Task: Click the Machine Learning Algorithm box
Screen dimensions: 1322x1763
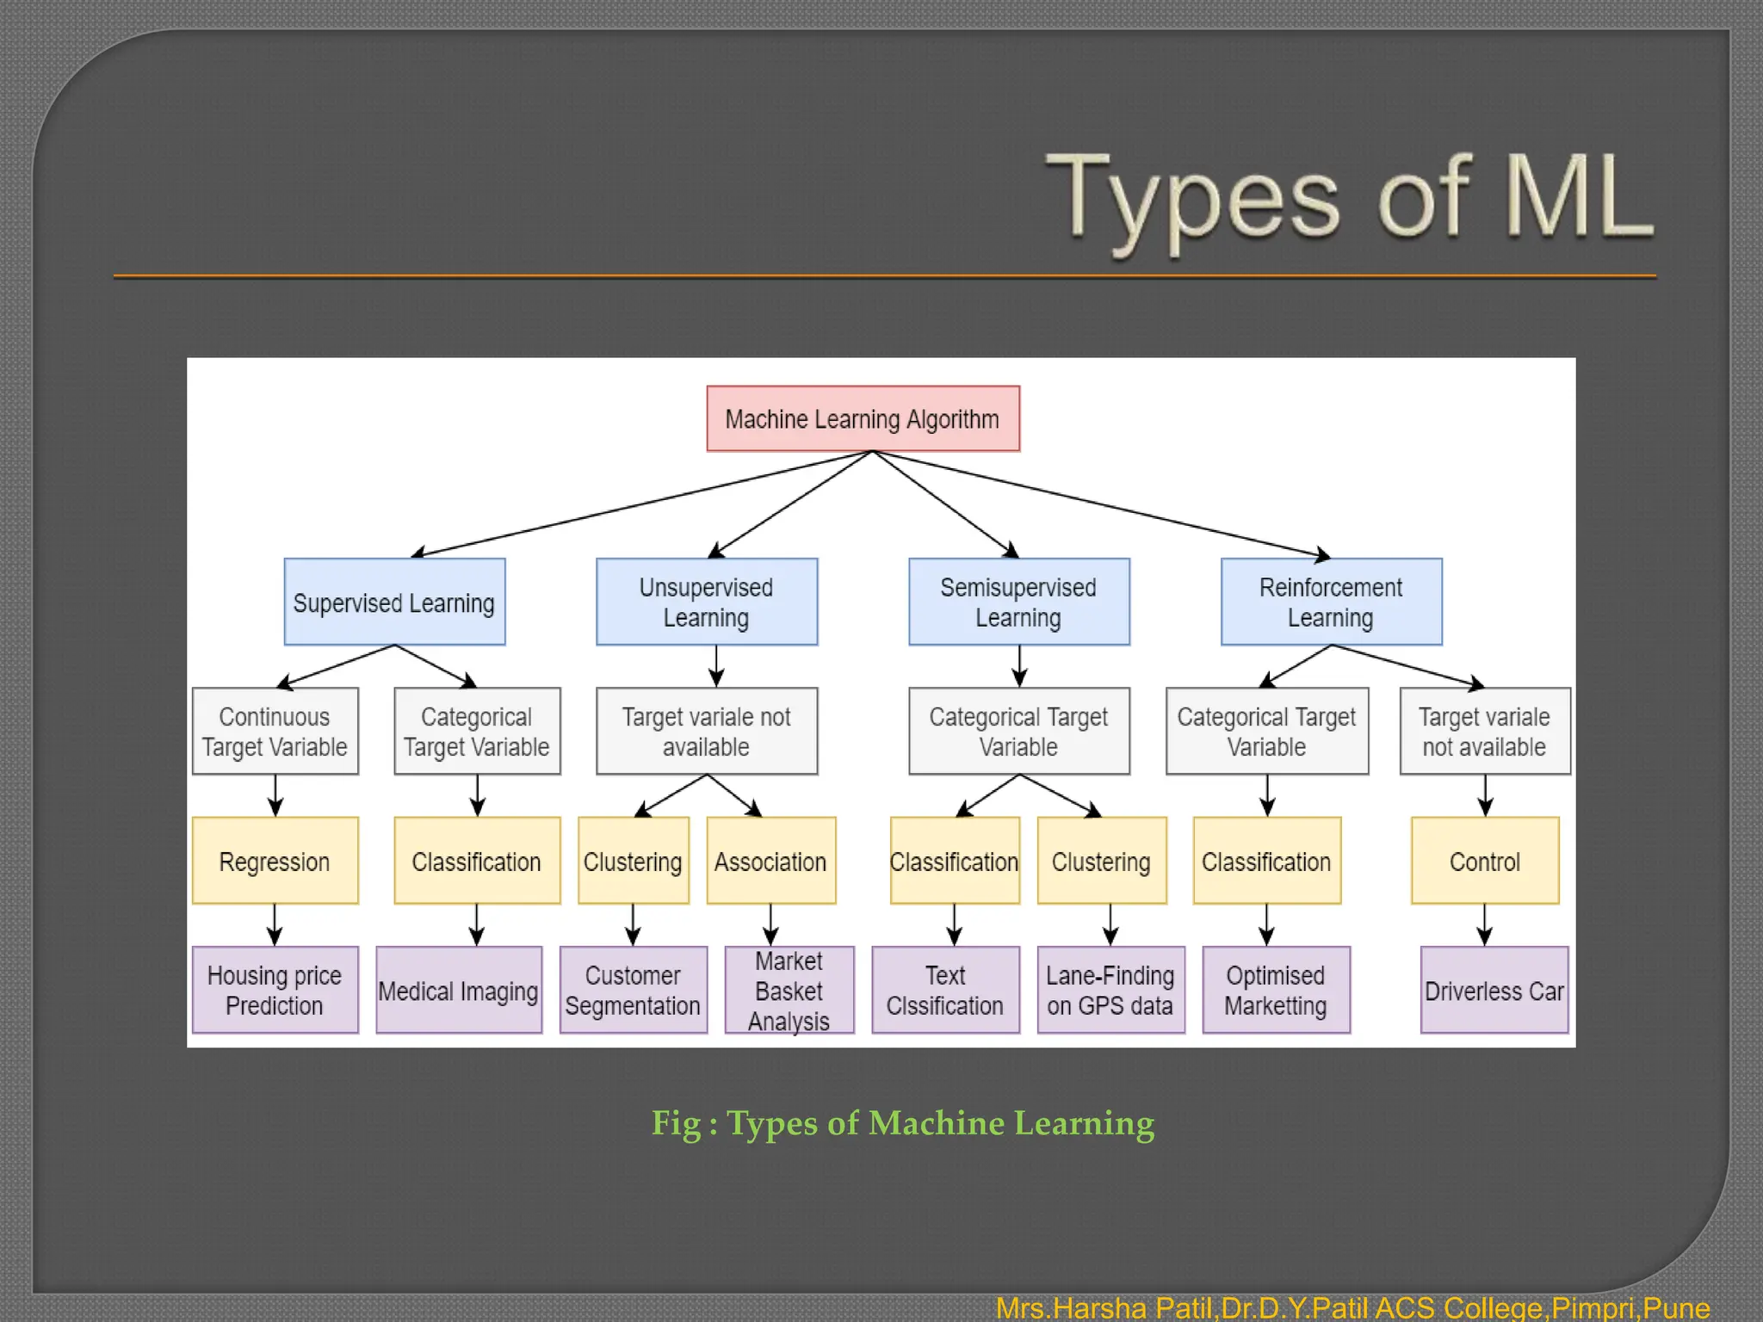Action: pyautogui.click(x=863, y=419)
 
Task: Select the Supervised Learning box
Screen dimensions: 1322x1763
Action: pyautogui.click(x=394, y=602)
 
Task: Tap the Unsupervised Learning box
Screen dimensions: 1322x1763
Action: pyautogui.click(x=707, y=602)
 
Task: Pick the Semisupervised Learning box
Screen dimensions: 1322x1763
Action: pyautogui.click(x=1019, y=602)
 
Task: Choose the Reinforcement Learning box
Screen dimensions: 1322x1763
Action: pyautogui.click(x=1331, y=602)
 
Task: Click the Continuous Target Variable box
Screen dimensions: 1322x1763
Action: pyautogui.click(x=275, y=732)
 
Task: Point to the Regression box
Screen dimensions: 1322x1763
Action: pyautogui.click(x=275, y=861)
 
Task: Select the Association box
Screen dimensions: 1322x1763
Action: pyautogui.click(x=771, y=861)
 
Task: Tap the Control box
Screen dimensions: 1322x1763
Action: pyautogui.click(x=1485, y=861)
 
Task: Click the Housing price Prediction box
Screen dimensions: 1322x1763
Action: pyautogui.click(x=275, y=991)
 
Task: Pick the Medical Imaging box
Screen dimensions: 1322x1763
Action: pyautogui.click(x=459, y=991)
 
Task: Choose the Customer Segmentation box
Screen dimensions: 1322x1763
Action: pyautogui.click(x=634, y=991)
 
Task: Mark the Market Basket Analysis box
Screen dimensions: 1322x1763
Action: pyautogui.click(x=789, y=991)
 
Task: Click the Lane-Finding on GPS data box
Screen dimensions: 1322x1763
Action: pyautogui.click(x=1110, y=991)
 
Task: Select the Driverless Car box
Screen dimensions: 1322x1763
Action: pyautogui.click(x=1494, y=991)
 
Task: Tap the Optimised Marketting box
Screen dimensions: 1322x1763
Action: pyautogui.click(x=1276, y=991)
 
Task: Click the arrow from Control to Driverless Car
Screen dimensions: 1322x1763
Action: pyautogui.click(x=1485, y=925)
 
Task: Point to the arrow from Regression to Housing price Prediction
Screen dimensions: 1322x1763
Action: pyautogui.click(x=275, y=925)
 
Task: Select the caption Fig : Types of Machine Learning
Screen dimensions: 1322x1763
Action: pyautogui.click(x=902, y=1123)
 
